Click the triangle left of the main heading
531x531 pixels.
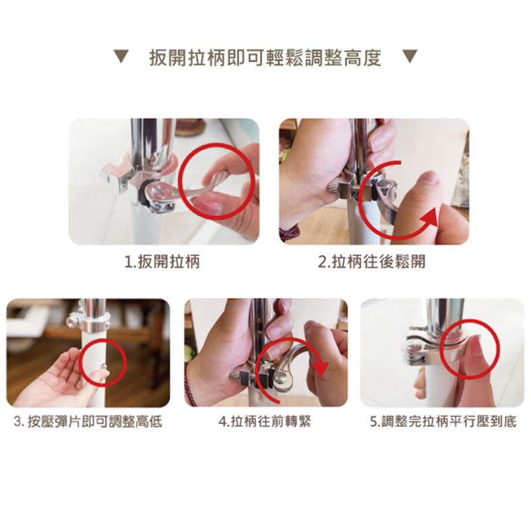click(121, 56)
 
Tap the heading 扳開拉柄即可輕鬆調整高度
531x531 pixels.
click(265, 58)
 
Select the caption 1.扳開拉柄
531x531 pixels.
click(162, 262)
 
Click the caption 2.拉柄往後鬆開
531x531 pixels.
click(372, 262)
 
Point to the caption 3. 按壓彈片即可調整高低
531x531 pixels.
click(88, 422)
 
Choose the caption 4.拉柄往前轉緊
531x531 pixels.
click(264, 422)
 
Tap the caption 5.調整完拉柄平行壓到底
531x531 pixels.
click(443, 422)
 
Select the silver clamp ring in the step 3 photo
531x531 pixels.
click(91, 323)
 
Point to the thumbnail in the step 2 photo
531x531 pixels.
click(431, 180)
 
